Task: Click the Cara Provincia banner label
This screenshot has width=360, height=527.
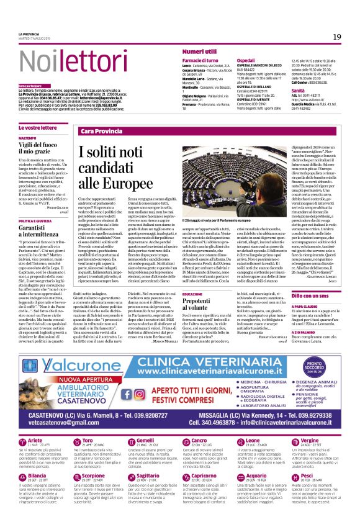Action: [102, 132]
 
